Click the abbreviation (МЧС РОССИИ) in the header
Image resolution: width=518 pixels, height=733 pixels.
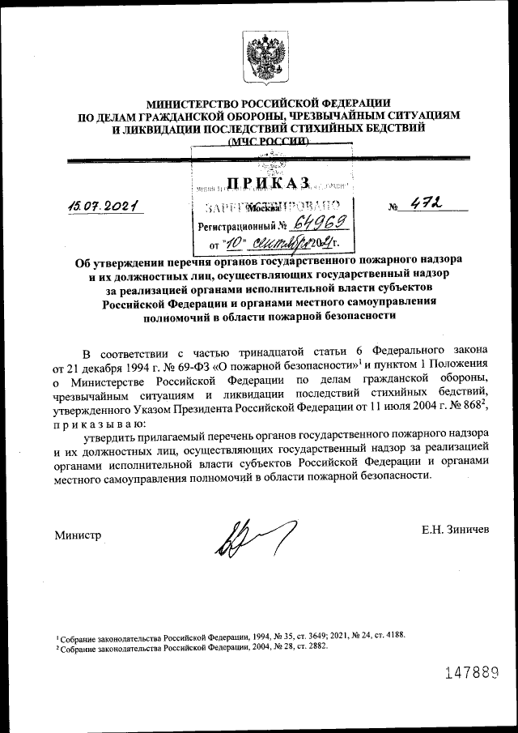coord(268,141)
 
